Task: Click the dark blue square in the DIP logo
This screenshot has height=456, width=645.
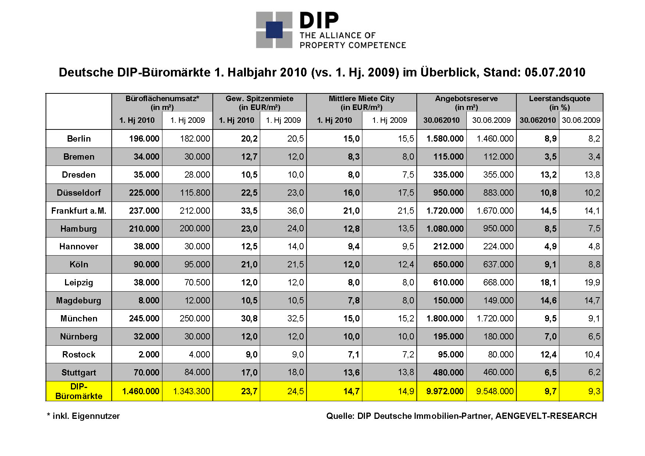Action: click(274, 30)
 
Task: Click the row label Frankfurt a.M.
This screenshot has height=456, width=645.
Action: click(79, 211)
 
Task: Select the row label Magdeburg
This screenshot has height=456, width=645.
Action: click(79, 300)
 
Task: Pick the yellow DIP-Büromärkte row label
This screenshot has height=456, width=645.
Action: click(79, 391)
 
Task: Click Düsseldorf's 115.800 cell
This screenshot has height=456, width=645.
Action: click(195, 193)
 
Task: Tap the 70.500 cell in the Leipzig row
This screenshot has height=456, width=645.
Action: click(197, 282)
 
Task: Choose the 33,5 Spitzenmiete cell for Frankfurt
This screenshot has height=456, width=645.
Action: click(249, 211)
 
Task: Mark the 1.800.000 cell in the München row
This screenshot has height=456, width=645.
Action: click(445, 318)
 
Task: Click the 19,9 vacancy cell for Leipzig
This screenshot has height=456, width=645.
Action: click(592, 282)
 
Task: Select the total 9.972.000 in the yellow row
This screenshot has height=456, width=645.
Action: click(445, 391)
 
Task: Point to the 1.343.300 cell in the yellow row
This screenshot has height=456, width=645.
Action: click(191, 391)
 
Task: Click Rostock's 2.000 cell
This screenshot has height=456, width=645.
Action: click(149, 355)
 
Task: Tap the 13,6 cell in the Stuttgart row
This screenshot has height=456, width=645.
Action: click(351, 373)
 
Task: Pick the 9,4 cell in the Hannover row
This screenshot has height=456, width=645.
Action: click(354, 246)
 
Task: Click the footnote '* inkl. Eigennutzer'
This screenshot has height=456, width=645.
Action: click(83, 416)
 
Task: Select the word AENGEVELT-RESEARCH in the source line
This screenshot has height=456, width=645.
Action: click(546, 416)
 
